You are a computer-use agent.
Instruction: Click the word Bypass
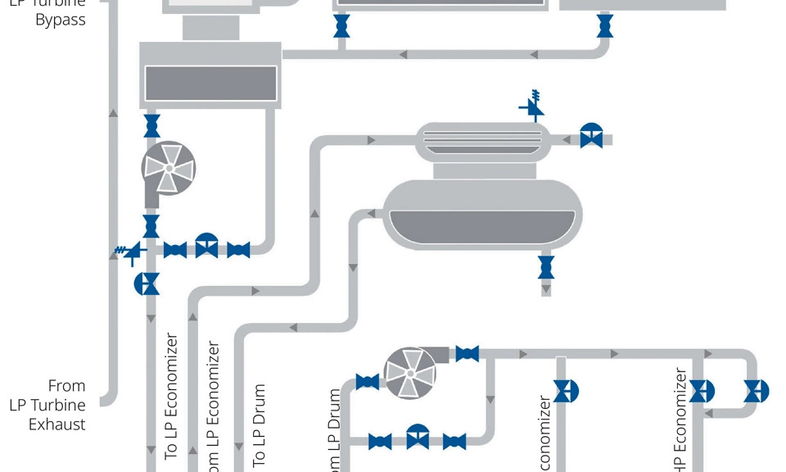pos(61,20)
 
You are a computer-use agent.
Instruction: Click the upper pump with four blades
pos(169,168)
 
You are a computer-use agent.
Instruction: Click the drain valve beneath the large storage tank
pos(546,266)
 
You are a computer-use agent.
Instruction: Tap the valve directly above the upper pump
pos(151,126)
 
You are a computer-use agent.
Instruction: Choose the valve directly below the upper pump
pos(151,225)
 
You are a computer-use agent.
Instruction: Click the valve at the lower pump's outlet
pos(467,354)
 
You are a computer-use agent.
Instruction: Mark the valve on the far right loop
pos(756,391)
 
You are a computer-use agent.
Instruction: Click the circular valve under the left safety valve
pos(147,284)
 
